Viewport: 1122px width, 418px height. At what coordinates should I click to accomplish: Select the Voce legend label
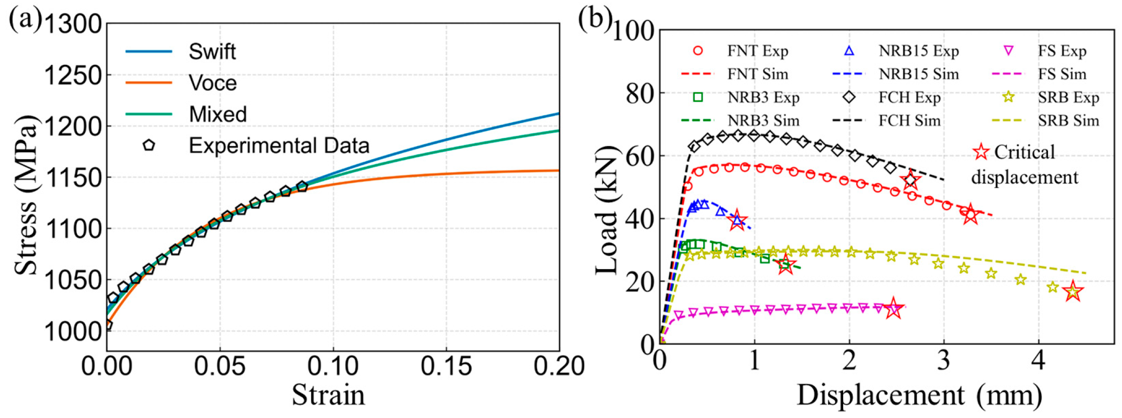click(x=213, y=83)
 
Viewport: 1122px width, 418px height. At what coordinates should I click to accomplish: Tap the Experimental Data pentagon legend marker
click(x=149, y=145)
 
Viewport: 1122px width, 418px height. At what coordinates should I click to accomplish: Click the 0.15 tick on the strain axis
click(x=446, y=366)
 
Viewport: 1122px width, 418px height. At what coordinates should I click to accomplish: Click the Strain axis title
click(x=328, y=395)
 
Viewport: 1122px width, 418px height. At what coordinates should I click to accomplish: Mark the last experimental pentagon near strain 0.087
click(x=302, y=186)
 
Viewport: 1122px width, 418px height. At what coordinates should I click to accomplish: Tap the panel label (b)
click(x=595, y=19)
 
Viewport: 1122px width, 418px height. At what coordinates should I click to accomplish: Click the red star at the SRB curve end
click(x=1073, y=292)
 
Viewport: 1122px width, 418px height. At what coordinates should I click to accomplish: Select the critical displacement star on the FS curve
click(x=894, y=308)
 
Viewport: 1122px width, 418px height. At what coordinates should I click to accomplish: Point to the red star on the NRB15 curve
click(x=737, y=221)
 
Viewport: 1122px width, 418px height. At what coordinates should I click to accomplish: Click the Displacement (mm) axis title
click(x=919, y=395)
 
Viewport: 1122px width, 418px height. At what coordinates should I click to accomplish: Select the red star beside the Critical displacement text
click(x=981, y=152)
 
